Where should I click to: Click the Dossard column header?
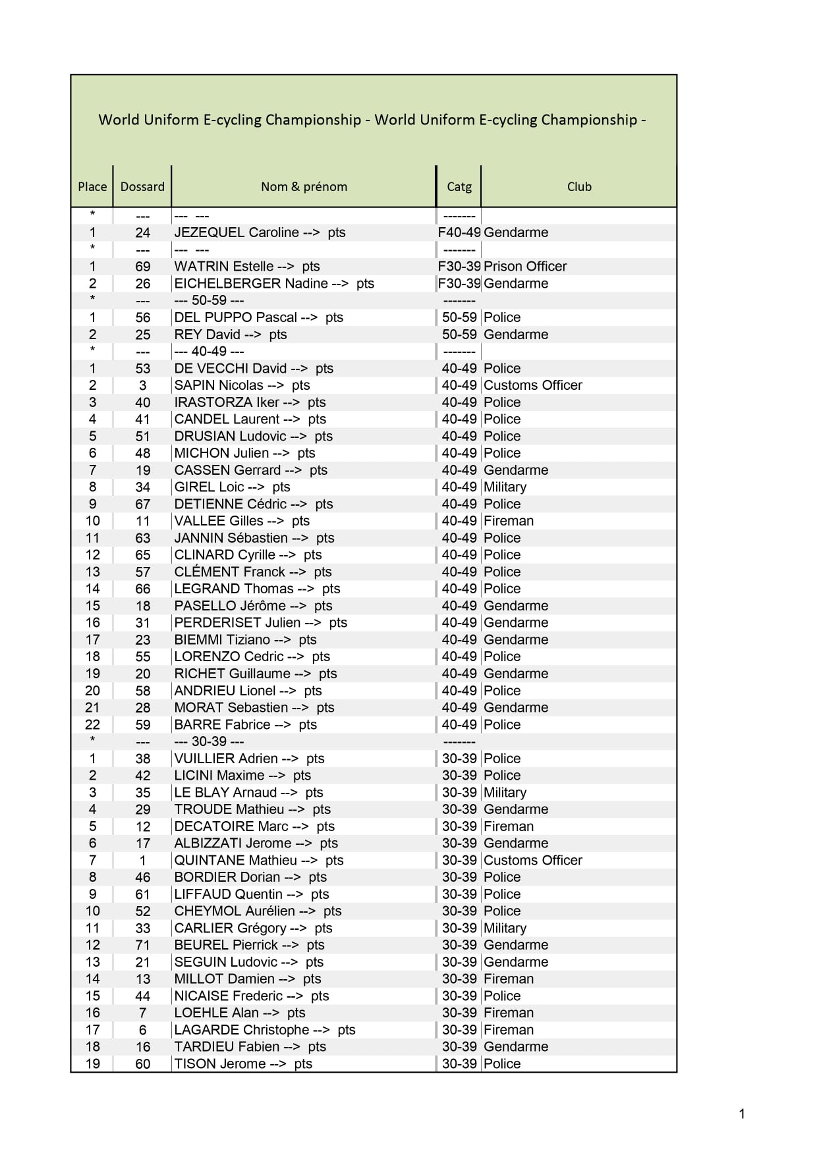(142, 187)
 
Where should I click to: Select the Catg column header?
(459, 187)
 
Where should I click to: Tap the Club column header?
(579, 187)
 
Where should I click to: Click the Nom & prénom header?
(304, 187)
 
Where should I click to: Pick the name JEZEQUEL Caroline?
(237, 232)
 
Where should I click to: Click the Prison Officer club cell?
(525, 267)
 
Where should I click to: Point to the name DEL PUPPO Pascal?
(236, 317)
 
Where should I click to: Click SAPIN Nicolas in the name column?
(219, 385)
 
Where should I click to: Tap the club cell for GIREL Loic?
(505, 487)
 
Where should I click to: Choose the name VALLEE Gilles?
(219, 521)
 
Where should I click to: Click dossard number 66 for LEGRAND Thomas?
(143, 589)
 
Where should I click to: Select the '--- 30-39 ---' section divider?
(209, 741)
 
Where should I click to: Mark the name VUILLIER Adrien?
(226, 759)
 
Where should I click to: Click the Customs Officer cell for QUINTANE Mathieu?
(533, 861)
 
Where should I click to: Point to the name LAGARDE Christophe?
(242, 1030)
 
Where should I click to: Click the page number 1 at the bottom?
(742, 1114)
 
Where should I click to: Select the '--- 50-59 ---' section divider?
(209, 300)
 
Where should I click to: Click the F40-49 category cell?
(459, 232)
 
